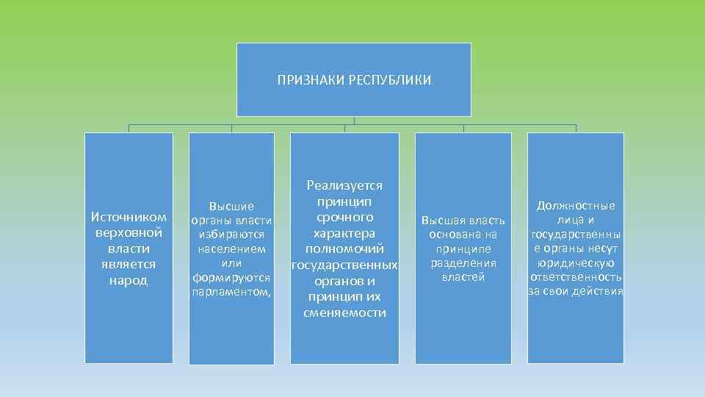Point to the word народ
coord(129,280)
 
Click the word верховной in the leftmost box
coord(129,233)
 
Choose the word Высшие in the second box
coord(231,207)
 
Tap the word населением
coord(231,249)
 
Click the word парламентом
coord(230,292)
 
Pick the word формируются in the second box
coord(231,278)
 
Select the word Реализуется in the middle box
coord(344,186)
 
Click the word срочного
coord(344,218)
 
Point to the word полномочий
coord(344,249)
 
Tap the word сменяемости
coord(344,312)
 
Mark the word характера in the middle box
coord(344,233)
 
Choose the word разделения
coord(463,263)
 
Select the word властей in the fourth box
coord(463,277)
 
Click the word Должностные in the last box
coord(576,206)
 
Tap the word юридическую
coord(576,263)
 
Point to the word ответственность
coord(576,277)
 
